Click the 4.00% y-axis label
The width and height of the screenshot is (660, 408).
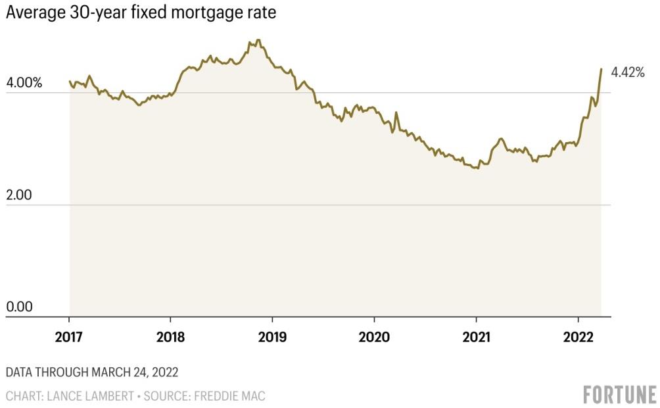24,84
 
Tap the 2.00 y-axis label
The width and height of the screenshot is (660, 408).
18,196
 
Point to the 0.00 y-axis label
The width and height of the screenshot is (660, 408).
18,307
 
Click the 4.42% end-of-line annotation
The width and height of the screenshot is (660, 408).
627,73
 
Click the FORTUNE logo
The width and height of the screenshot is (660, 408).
619,394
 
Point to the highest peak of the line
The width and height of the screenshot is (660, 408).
258,41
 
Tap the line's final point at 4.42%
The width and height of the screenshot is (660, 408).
601,69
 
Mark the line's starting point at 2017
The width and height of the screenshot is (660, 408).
70,81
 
